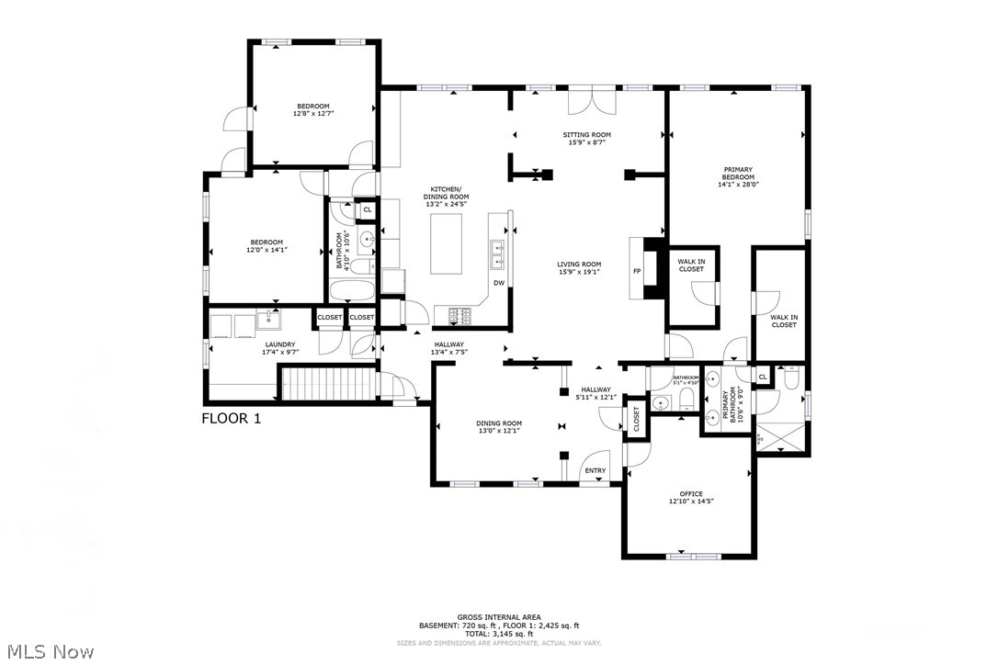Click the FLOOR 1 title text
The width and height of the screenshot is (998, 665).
(x=232, y=418)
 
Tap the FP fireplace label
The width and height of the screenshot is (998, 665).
(x=636, y=271)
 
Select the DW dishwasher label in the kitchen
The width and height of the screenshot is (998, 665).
(x=499, y=282)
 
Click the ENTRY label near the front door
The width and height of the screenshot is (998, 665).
(x=595, y=471)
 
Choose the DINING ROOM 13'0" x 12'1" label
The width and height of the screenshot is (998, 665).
(x=499, y=426)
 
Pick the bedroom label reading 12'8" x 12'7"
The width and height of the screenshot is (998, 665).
(x=312, y=109)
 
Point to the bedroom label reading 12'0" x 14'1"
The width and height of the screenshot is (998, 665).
(x=265, y=245)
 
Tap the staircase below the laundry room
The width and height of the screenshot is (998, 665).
(x=328, y=383)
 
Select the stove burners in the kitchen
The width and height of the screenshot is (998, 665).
(x=459, y=315)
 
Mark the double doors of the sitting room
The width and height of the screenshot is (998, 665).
(x=588, y=99)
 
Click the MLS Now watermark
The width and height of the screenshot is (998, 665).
(x=48, y=652)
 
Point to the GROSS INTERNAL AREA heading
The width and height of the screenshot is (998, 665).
(x=499, y=616)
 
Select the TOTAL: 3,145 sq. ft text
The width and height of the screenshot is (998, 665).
(x=499, y=634)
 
